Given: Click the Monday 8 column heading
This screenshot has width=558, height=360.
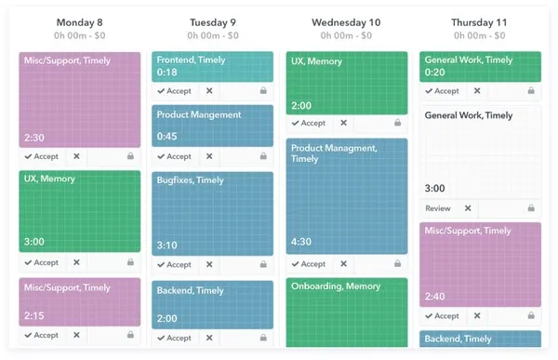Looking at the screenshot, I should pos(80,22).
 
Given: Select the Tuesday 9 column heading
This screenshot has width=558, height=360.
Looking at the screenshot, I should pos(212,22).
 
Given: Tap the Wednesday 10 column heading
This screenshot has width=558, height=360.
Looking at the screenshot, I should pos(346,22).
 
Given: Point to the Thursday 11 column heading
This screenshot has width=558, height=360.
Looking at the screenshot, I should pos(480,22).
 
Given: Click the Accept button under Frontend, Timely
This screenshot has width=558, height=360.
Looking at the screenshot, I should pos(174,91).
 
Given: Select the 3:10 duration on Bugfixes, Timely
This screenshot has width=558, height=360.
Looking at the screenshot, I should pos(168,246).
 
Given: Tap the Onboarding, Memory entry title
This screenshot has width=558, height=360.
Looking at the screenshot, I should pos(335,287).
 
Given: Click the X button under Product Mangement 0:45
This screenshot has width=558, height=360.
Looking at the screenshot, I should pos(209,156).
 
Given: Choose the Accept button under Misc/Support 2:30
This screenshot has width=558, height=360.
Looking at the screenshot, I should pos(41,156).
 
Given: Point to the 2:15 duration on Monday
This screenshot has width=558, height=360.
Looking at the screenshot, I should pos(35,316).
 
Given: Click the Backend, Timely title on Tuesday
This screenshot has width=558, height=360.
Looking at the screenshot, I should pos(191,290).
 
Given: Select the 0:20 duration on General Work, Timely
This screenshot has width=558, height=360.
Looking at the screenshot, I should pos(435,73).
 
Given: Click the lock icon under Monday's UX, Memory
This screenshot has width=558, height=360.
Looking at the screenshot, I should pos(130,263).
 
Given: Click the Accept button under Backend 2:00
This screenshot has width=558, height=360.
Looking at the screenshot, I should pos(174,339).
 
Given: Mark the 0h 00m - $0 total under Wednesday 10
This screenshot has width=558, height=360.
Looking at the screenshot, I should pos(346,36).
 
